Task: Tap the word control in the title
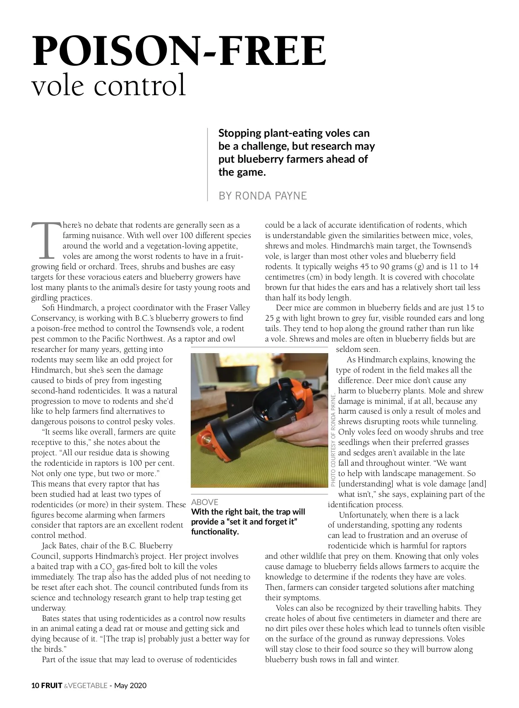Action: pyautogui.click(x=140, y=85)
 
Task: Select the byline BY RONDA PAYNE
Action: pyautogui.click(x=263, y=196)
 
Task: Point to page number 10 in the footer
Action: pyautogui.click(x=35, y=685)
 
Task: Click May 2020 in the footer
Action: pyautogui.click(x=130, y=685)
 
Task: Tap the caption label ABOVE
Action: pyautogui.click(x=205, y=502)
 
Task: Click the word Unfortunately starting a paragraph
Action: pyautogui.click(x=364, y=515)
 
